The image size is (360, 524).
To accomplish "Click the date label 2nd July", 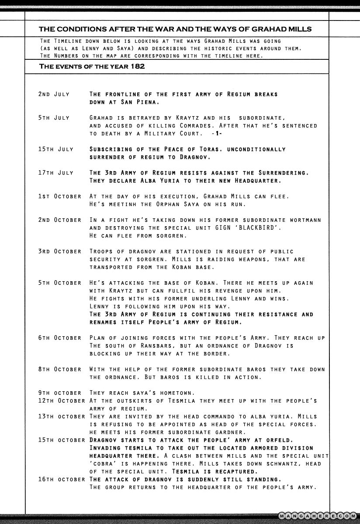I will tap(54, 94).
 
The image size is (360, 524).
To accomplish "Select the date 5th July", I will tap(54, 118).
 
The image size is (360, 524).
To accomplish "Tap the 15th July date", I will tap(55, 149).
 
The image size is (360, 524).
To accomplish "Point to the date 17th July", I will tap(55, 173).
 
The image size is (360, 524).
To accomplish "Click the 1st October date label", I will tap(59, 196).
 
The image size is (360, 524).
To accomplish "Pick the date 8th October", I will tap(59, 369).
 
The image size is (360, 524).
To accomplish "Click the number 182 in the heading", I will tap(137, 66).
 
